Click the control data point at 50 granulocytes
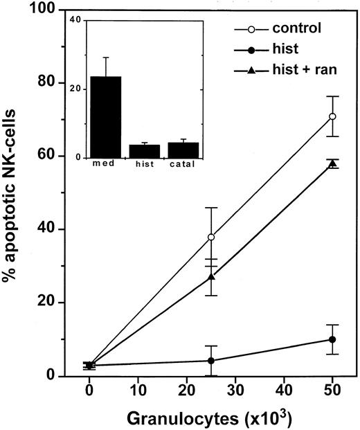pyautogui.click(x=332, y=116)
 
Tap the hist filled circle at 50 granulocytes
pyautogui.click(x=332, y=339)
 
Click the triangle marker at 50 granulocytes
pyautogui.click(x=332, y=163)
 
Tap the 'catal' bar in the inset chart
pyautogui.click(x=183, y=150)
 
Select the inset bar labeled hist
pyautogui.click(x=144, y=150)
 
